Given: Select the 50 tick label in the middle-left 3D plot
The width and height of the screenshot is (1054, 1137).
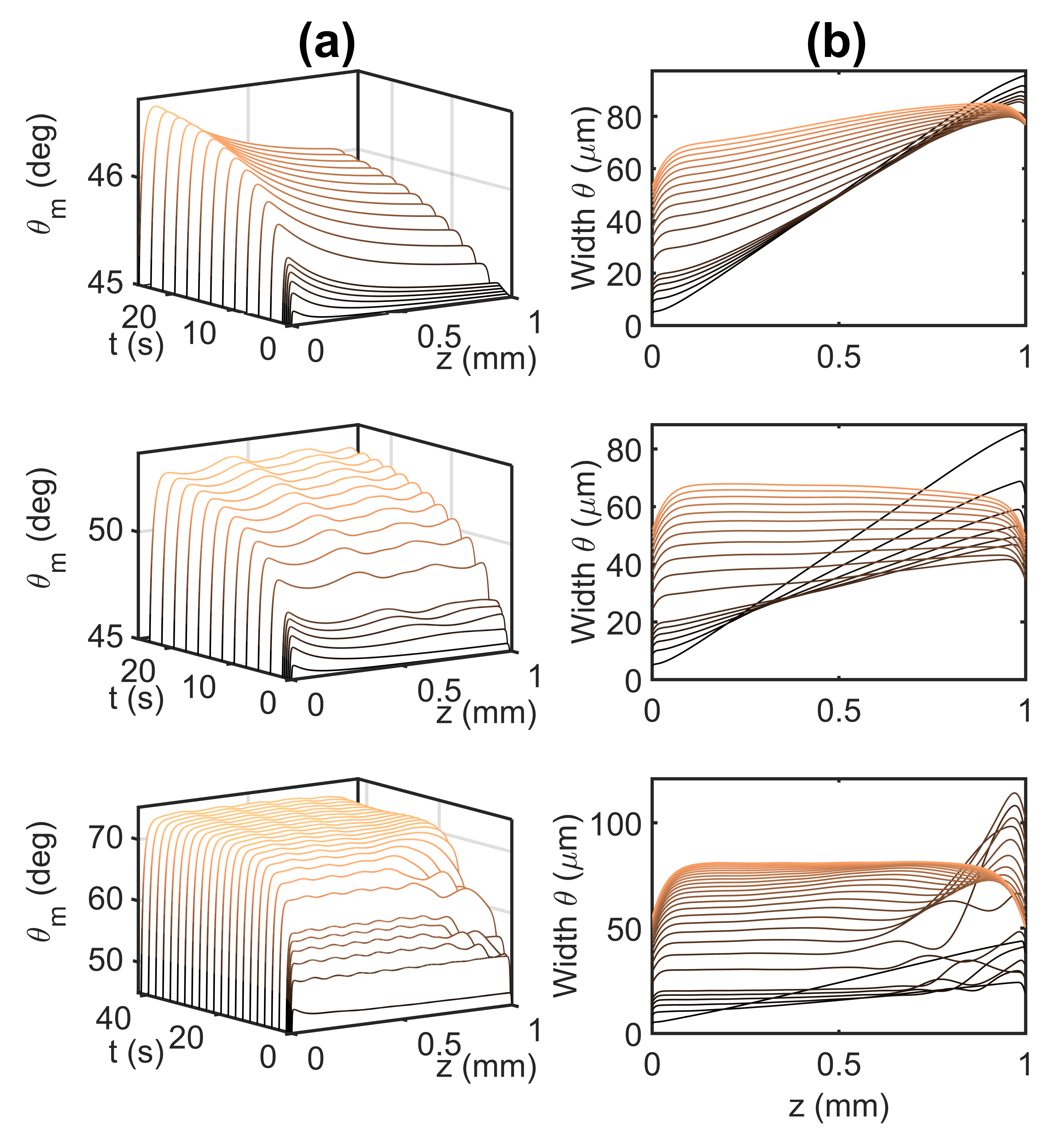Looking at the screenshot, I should click(x=106, y=530).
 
